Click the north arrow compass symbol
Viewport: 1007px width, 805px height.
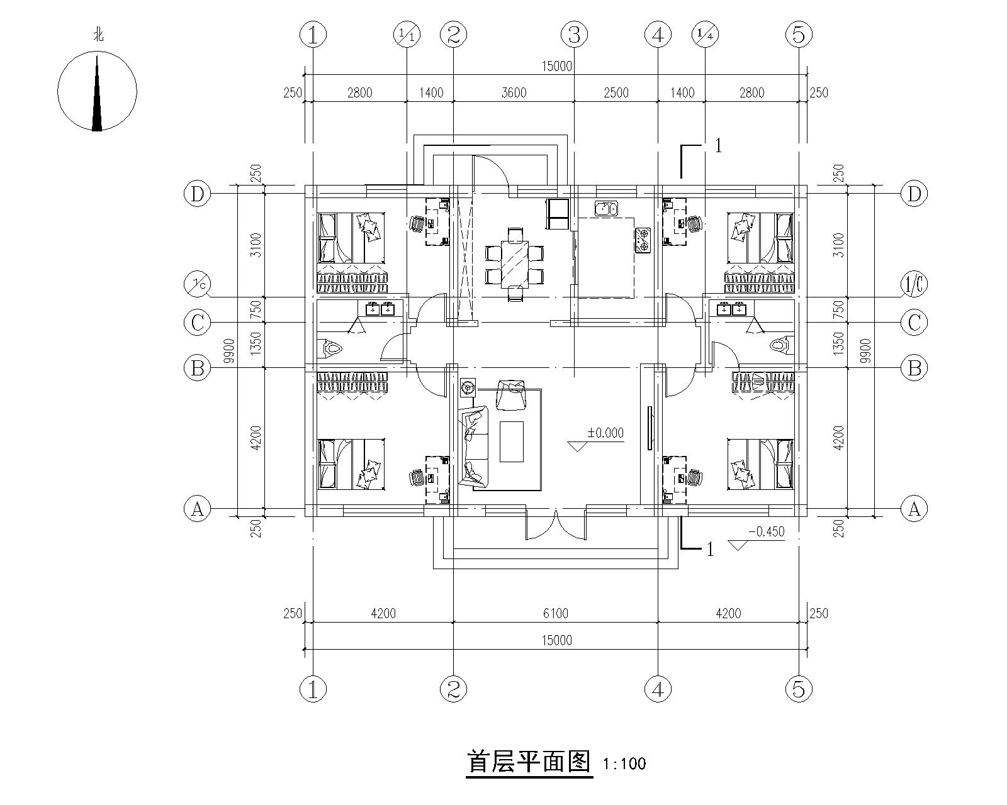(98, 91)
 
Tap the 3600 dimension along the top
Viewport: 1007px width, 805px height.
(514, 92)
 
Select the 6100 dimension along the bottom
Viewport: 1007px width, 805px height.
(556, 613)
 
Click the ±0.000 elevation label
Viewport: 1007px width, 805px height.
(605, 433)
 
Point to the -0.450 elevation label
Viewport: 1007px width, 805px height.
(766, 532)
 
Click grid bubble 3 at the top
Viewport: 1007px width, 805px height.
(574, 35)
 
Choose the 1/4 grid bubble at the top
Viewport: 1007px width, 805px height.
(705, 35)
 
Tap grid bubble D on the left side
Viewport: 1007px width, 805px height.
(198, 194)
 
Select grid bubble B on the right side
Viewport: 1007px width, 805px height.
(914, 368)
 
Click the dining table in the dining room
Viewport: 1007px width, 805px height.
(515, 264)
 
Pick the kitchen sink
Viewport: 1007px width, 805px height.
(606, 208)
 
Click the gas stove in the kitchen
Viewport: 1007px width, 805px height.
(643, 240)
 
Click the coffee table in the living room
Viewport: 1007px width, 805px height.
(512, 441)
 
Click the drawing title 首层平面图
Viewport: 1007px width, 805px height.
(529, 763)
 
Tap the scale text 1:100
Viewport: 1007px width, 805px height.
(624, 764)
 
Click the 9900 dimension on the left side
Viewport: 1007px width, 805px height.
(228, 351)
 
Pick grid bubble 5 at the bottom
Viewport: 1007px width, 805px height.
(799, 689)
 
